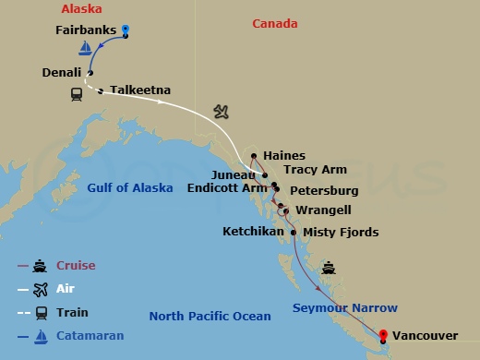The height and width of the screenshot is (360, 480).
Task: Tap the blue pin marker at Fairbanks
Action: [126, 30]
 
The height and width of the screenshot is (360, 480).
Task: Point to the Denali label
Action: [61, 71]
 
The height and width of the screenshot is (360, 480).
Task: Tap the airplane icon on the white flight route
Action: [220, 112]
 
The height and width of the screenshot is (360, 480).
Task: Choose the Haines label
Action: [283, 156]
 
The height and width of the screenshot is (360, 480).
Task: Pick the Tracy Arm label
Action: [315, 171]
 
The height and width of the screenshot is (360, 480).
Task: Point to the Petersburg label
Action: [324, 191]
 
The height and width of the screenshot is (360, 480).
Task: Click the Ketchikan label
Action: [254, 232]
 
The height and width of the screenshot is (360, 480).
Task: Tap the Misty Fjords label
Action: [341, 232]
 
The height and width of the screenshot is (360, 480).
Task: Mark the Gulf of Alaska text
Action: [130, 188]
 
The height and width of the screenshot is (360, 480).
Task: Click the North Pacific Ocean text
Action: [210, 317]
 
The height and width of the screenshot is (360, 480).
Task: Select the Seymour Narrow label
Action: [345, 307]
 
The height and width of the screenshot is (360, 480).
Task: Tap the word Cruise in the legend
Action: [77, 266]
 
